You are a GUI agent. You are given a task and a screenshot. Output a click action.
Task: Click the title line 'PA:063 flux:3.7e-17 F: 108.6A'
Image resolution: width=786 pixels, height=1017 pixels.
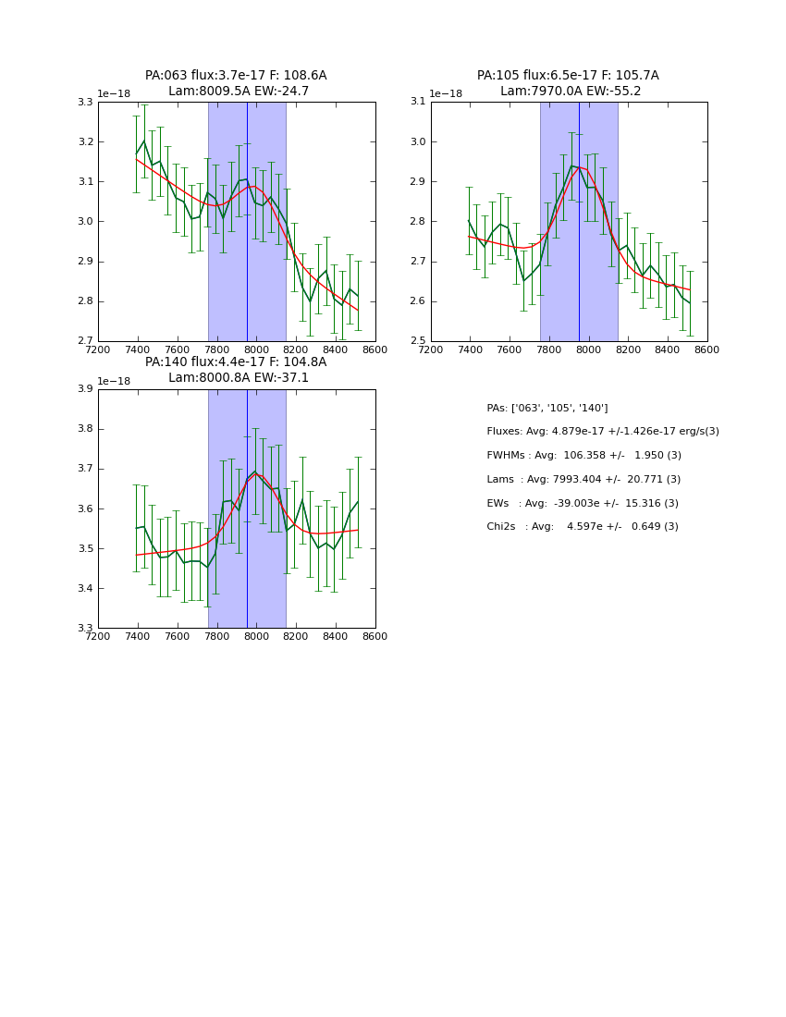click(x=236, y=76)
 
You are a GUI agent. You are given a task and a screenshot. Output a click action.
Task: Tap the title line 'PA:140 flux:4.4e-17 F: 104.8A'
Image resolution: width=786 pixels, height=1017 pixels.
click(x=236, y=362)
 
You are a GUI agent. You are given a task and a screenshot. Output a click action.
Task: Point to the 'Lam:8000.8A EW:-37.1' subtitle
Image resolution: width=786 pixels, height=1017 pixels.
click(x=239, y=378)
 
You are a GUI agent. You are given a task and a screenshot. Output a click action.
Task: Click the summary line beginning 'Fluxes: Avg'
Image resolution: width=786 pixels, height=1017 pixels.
click(x=602, y=432)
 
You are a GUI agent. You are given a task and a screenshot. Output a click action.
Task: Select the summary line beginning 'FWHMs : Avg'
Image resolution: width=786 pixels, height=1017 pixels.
click(x=583, y=456)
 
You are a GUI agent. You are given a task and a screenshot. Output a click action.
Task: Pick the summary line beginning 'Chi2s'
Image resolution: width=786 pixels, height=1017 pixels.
click(x=582, y=527)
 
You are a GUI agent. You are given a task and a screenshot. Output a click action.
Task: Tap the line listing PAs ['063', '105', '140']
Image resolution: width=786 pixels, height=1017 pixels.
click(x=547, y=408)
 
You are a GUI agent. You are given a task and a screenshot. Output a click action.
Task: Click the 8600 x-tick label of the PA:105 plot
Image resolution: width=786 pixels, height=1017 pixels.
click(x=706, y=349)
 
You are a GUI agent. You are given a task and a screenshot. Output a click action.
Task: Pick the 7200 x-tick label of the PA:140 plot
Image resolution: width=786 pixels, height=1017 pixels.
click(x=98, y=636)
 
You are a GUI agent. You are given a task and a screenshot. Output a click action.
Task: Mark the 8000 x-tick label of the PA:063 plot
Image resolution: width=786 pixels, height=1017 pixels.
click(x=256, y=349)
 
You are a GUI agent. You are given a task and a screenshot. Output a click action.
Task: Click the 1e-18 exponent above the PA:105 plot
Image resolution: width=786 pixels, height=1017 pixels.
click(x=446, y=94)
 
